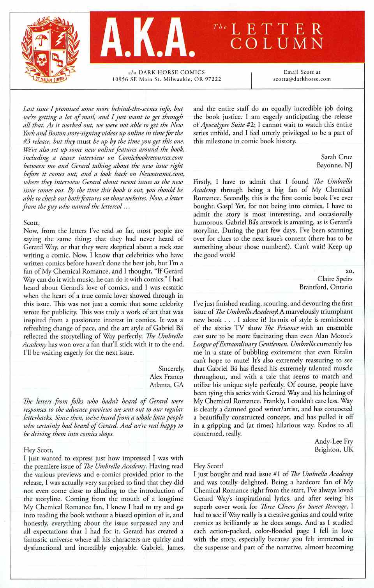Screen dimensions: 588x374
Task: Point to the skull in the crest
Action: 41,60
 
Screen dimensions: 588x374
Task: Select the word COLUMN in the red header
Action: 277,43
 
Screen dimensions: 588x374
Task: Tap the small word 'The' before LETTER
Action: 220,27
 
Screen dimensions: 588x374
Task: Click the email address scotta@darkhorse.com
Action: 302,79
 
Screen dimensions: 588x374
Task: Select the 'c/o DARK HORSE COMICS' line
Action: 166,72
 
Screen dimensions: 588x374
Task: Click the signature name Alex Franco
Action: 166,377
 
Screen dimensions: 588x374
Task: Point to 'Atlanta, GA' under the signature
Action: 166,385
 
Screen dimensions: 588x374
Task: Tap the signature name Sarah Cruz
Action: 337,157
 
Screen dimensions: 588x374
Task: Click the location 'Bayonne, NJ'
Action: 334,165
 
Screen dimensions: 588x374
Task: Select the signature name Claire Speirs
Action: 335,279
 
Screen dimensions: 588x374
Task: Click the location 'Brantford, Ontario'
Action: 326,287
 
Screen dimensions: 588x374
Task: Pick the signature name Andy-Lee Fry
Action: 333,441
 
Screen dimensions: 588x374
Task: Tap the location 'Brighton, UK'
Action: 334,449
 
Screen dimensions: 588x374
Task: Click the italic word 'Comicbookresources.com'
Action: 150,158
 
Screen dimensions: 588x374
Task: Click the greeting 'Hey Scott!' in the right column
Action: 208,465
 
